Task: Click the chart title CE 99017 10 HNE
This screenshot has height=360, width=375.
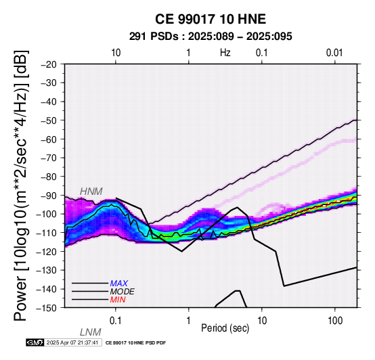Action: [211, 19]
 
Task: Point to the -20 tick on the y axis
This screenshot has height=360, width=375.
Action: [49, 64]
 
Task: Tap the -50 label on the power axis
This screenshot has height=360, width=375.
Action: [49, 120]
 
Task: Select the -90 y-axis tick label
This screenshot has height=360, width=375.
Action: [49, 196]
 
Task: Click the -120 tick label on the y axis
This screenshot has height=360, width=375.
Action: [47, 252]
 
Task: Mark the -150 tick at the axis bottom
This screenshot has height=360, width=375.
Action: [47, 308]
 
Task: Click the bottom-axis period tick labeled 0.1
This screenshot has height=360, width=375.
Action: [116, 320]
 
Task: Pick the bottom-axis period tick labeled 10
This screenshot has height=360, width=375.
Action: [262, 320]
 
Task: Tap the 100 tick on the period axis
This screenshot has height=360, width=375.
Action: [335, 320]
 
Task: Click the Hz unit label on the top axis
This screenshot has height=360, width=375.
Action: [225, 53]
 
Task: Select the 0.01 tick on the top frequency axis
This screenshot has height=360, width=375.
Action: [334, 53]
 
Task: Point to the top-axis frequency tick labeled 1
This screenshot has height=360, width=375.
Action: [189, 53]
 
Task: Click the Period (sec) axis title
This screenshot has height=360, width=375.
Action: [225, 328]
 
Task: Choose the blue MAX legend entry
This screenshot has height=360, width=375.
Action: [119, 284]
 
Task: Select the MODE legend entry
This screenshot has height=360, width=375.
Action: [123, 292]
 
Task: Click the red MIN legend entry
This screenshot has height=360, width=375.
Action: [118, 300]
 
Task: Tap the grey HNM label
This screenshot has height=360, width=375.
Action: [91, 192]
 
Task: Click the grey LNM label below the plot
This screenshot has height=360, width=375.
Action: [91, 332]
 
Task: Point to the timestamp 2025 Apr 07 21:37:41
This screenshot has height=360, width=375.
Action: [72, 342]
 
